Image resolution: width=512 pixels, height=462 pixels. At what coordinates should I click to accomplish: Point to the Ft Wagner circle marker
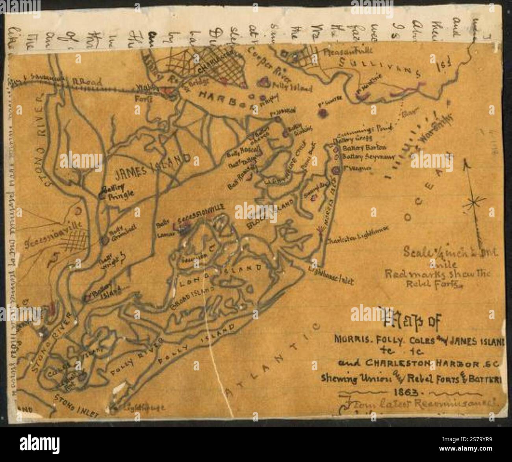click(336, 170)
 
